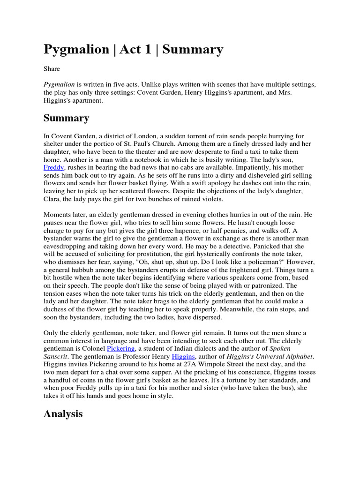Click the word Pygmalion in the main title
tap(76, 49)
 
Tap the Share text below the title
tap(52, 69)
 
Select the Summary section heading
tap(66, 118)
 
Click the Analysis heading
tap(63, 413)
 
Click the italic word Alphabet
tap(298, 356)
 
